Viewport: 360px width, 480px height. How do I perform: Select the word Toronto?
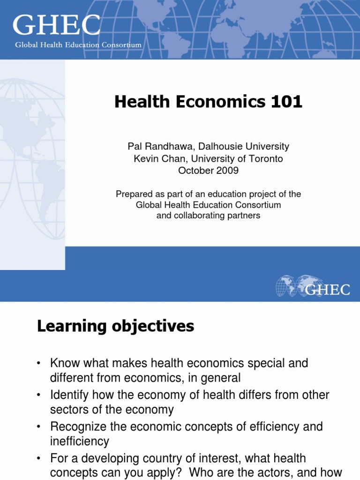click(266, 159)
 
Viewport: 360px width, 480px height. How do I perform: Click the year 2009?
click(228, 171)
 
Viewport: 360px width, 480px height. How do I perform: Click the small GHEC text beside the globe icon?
click(328, 289)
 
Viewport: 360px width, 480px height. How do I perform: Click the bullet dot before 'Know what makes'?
click(39, 364)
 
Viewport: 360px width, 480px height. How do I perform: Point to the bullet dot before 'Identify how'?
click(39, 396)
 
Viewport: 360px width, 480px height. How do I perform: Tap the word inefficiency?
click(80, 442)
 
